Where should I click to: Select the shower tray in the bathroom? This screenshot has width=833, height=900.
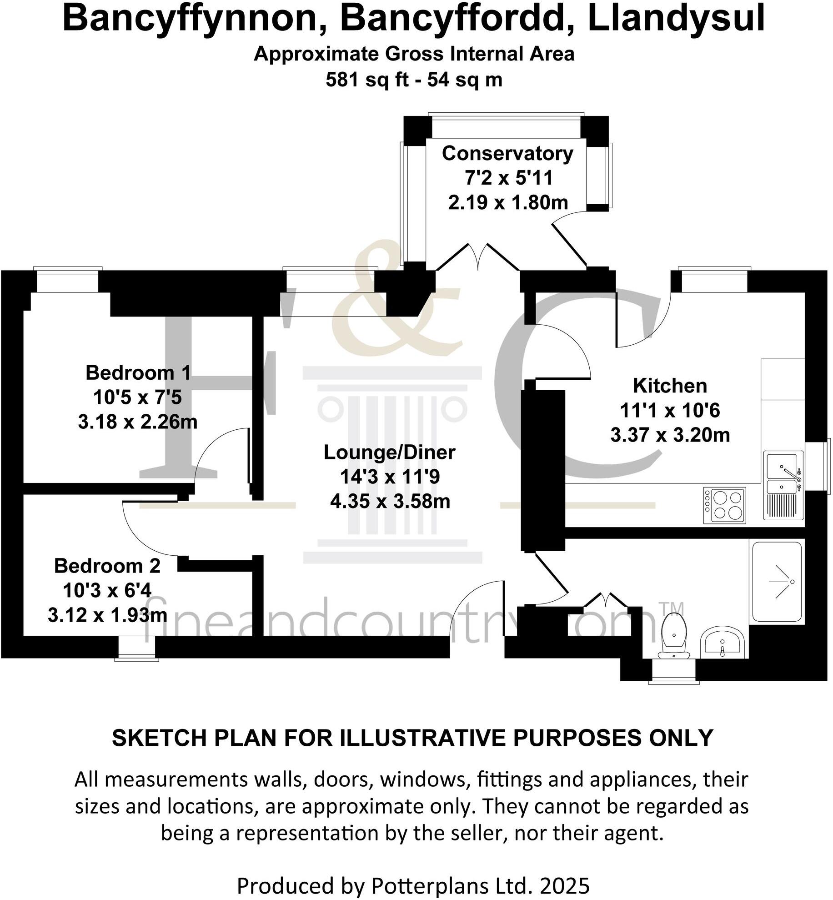777,582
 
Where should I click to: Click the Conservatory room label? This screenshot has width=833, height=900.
507,154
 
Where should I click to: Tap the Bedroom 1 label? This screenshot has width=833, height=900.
138,373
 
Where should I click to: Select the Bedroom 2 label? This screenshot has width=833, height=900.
107,566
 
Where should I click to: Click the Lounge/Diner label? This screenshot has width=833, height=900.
389,453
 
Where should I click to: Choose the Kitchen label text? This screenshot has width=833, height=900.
670,386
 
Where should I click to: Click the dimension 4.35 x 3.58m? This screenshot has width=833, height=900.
390,502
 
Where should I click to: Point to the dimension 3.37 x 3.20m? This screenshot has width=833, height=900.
670,435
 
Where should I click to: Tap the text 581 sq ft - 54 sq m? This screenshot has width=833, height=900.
414,80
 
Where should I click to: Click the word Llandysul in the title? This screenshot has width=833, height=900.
676,19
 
